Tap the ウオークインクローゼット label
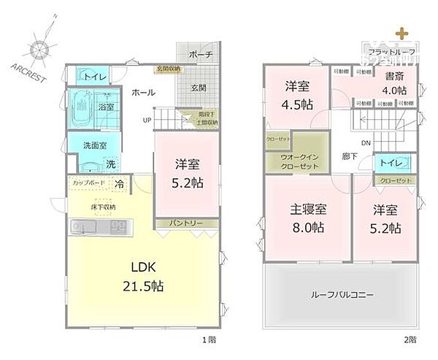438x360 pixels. (x=297, y=161)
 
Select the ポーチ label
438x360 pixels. (x=199, y=55)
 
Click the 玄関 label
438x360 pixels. (x=199, y=88)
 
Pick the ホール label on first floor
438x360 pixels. (x=142, y=93)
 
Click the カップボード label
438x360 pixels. (x=90, y=183)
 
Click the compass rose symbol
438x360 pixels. (x=39, y=51)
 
